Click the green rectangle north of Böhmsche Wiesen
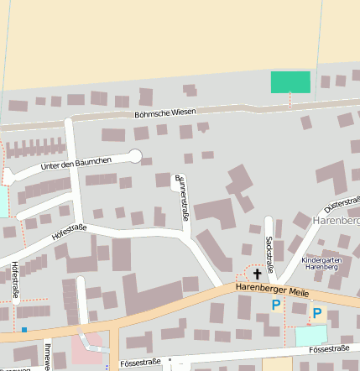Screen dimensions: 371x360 pyautogui.click(x=290, y=82)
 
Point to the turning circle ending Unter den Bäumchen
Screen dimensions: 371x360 pyautogui.click(x=135, y=155)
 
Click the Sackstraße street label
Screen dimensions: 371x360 pyautogui.click(x=269, y=253)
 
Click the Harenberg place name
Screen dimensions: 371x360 pyautogui.click(x=336, y=220)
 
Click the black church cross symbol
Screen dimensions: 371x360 pyautogui.click(x=257, y=274)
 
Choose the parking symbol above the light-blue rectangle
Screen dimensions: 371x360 pyautogui.click(x=317, y=313)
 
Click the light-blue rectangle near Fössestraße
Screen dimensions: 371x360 pyautogui.click(x=312, y=335)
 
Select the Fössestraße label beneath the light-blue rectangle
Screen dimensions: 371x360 pyautogui.click(x=328, y=347)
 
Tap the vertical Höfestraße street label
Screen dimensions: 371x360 pyautogui.click(x=15, y=280)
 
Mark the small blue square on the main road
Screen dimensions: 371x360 pyautogui.click(x=24, y=329)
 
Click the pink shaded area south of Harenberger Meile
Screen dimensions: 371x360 pyautogui.click(x=87, y=347)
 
